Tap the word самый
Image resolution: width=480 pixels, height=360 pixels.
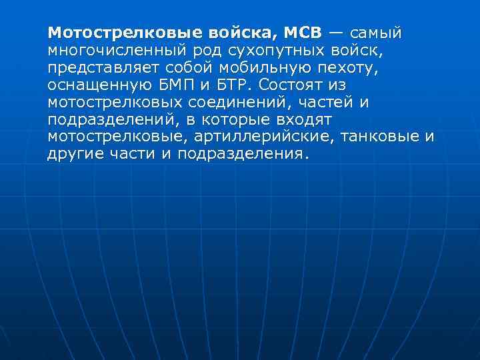[376, 33]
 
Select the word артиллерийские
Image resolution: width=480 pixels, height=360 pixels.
[261, 137]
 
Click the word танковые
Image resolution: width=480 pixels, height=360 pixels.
[379, 137]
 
